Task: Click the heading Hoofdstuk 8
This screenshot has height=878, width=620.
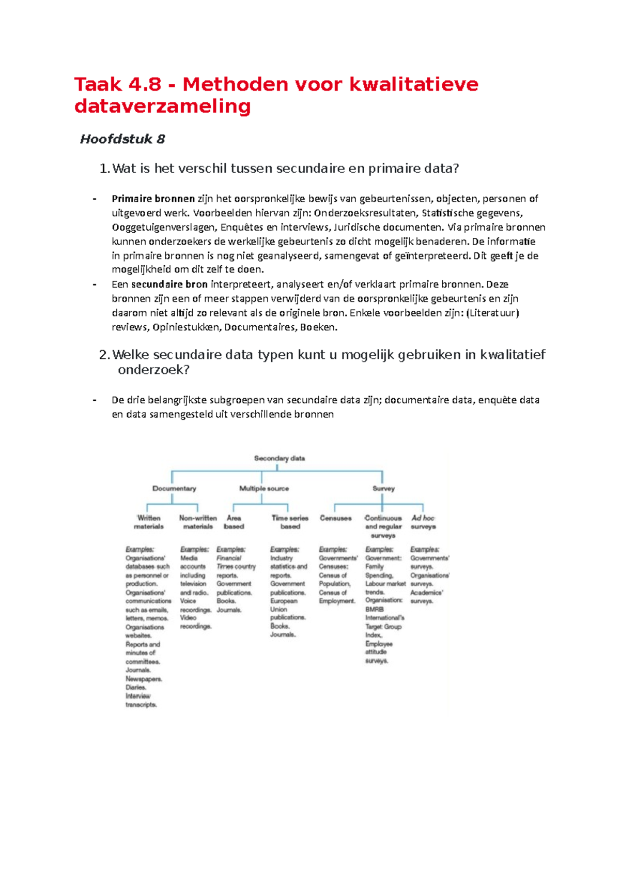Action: tap(122, 139)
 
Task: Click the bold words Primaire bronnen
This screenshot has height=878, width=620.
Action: tap(153, 199)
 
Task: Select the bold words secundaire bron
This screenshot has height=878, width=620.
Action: tap(169, 284)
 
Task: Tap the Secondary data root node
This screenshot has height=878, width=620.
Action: tap(279, 458)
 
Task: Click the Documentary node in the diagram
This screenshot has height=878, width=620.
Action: tap(174, 488)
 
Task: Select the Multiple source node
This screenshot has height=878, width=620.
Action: tap(263, 488)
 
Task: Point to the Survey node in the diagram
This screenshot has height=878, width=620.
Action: tap(383, 488)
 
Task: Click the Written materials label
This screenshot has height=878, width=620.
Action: tap(148, 522)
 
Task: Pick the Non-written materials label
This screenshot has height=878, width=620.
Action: tap(198, 522)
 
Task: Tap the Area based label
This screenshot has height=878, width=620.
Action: tap(234, 522)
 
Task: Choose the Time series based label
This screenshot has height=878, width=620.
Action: tap(290, 522)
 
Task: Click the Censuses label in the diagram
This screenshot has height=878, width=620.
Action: tap(335, 518)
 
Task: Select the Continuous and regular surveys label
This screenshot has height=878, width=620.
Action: tap(383, 526)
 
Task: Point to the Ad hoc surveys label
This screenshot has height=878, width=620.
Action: tap(423, 522)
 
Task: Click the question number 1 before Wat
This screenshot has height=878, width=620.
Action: tap(104, 169)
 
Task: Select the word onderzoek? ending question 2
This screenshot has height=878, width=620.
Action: tap(153, 370)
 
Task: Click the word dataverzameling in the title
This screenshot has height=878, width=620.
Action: tap(162, 106)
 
